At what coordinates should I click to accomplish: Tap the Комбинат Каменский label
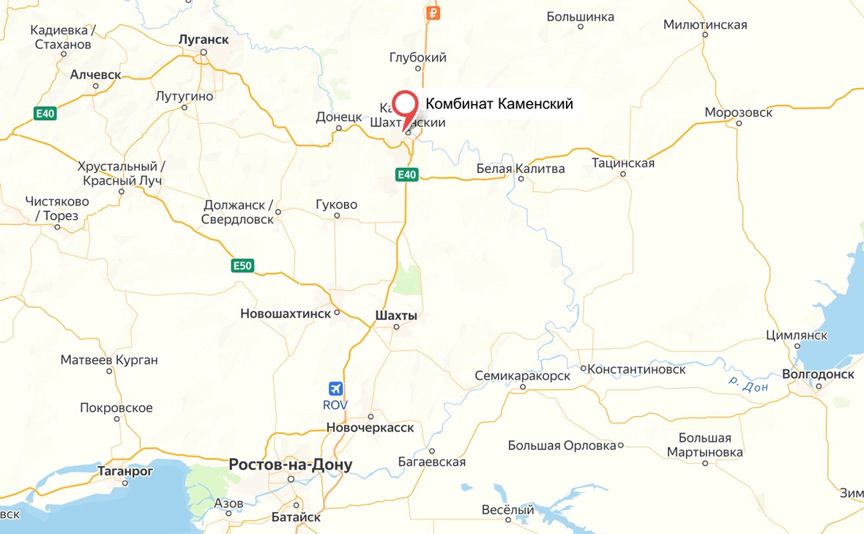pos(499,104)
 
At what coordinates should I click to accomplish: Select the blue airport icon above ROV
pos(336,388)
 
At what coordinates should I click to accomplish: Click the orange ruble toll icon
pos(433,12)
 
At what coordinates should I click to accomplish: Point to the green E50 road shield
pos(242,266)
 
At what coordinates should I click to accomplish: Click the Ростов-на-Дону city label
pos(291,464)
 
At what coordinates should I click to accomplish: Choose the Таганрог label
pos(125,471)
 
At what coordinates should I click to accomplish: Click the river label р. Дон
pos(748,383)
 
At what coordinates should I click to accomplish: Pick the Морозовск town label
pos(738,112)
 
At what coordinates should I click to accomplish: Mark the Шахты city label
pos(395,315)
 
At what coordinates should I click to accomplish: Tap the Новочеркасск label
pos(370,427)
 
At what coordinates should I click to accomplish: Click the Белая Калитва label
pos(521,169)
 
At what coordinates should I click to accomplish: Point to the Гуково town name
pos(337,204)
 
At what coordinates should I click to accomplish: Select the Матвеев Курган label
pos(109,360)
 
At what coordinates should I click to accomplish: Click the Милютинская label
pos(705,25)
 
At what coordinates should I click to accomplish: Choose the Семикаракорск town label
pos(522,375)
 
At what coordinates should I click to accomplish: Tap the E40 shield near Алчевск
pos(45,114)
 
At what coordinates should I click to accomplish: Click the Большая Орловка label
pos(562,445)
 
